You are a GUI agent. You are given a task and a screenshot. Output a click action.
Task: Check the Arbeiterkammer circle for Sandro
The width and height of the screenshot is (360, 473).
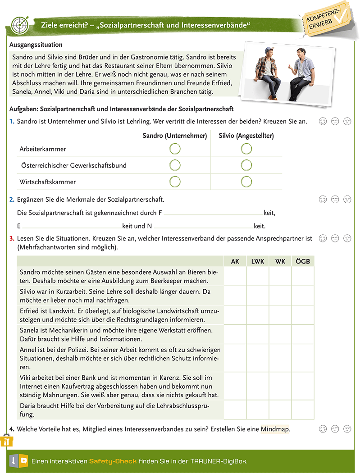pyautogui.click(x=175, y=149)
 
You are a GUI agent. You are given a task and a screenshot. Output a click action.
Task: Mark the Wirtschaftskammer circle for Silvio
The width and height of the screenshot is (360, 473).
pyautogui.click(x=246, y=182)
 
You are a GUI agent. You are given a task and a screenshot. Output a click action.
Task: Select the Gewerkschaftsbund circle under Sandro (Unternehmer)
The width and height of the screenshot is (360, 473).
pyautogui.click(x=175, y=165)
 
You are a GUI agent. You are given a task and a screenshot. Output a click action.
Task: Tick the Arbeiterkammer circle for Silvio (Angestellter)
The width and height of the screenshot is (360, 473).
pyautogui.click(x=246, y=149)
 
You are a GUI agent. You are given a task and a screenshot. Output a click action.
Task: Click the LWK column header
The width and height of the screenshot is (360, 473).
pyautogui.click(x=258, y=261)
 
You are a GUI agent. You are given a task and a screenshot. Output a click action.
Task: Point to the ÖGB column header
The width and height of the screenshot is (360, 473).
pyautogui.click(x=303, y=261)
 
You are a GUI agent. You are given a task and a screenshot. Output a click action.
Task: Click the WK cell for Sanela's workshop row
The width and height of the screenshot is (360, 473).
pyautogui.click(x=280, y=334)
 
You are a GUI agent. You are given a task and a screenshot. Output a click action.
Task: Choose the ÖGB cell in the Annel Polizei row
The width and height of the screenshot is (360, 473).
pyautogui.click(x=303, y=358)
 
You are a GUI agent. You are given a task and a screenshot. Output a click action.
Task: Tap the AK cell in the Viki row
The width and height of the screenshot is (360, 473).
pyautogui.click(x=235, y=386)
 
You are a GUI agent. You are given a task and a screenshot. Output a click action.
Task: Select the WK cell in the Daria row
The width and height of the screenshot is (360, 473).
pyautogui.click(x=280, y=410)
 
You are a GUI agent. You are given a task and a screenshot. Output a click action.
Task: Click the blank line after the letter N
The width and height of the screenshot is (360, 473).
pyautogui.click(x=204, y=227)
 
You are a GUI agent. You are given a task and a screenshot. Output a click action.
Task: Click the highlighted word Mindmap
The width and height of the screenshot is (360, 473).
pyautogui.click(x=275, y=429)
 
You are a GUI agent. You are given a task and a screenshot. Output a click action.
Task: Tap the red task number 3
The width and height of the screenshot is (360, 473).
pyautogui.click(x=12, y=237)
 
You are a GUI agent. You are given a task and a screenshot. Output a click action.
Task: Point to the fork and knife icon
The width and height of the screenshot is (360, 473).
pyautogui.click(x=6, y=441)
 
